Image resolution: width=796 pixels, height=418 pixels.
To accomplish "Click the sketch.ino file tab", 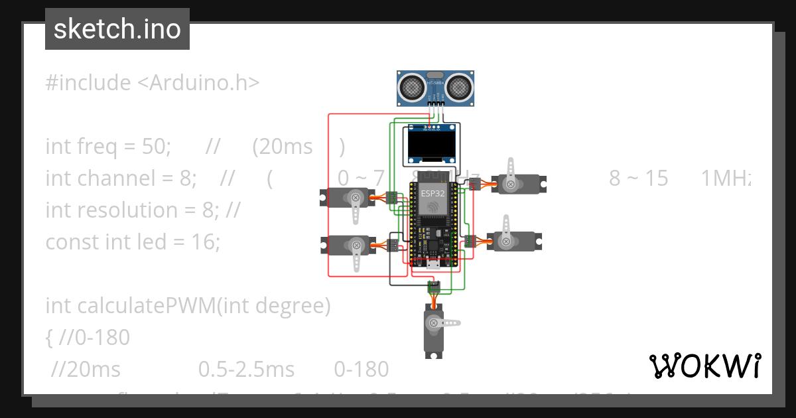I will pos(117,29).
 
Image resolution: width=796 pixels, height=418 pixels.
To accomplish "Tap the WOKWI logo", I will pos(704,366).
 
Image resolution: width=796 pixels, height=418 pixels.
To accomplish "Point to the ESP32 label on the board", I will pos(431,194).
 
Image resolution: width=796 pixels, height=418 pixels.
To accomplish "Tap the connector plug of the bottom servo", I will pos(434,287).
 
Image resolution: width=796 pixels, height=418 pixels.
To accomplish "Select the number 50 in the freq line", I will pos(157,147).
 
